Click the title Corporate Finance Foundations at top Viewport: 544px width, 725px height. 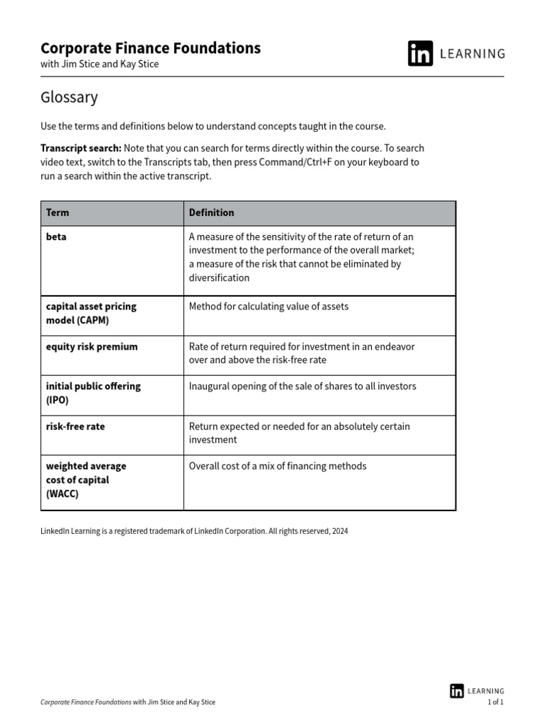[150, 48]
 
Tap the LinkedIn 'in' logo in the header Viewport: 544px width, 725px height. [420, 54]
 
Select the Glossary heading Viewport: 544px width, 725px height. [69, 98]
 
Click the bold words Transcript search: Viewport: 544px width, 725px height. [81, 148]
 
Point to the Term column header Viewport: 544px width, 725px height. [57, 212]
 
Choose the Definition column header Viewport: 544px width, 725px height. [211, 212]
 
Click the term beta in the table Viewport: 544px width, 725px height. [56, 236]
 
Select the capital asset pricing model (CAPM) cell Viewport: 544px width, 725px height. [91, 313]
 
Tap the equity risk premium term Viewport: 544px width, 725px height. [91, 346]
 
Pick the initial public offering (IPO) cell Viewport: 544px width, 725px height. [93, 393]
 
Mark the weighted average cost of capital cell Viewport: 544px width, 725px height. [86, 479]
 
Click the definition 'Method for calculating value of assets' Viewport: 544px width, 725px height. [268, 307]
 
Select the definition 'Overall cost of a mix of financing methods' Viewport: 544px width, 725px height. [278, 466]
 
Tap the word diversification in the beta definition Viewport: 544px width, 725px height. [219, 278]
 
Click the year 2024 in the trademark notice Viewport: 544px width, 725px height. [339, 530]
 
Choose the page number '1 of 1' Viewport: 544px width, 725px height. [495, 702]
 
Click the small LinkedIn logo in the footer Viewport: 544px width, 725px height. [457, 691]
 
